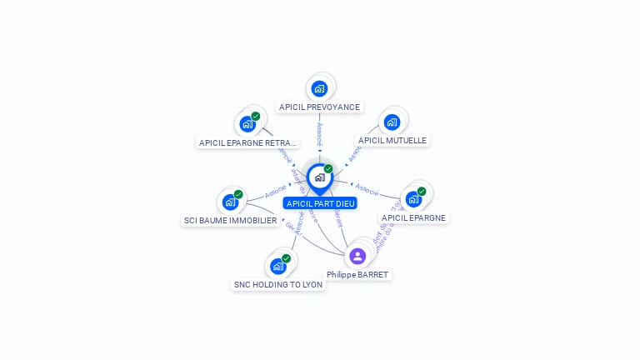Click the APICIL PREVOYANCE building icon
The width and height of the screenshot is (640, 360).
[x=319, y=88]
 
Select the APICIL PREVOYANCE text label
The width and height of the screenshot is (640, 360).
[x=319, y=107]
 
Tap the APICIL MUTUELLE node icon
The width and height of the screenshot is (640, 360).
[x=392, y=122]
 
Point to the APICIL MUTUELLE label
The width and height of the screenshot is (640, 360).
[x=392, y=141]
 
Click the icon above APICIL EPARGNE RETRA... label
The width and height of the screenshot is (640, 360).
[x=247, y=124]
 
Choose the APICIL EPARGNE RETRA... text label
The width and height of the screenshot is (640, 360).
[x=247, y=142]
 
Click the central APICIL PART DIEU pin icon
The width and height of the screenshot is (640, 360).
[x=319, y=177]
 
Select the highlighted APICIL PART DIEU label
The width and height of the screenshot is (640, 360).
[x=320, y=203]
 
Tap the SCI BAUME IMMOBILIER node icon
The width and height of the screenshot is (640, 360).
[x=231, y=202]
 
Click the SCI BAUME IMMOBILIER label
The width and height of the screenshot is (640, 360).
[x=230, y=221]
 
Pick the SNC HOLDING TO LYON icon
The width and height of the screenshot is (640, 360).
[x=278, y=266]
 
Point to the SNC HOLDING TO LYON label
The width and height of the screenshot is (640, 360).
[x=278, y=284]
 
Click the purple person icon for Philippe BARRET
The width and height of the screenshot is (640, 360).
[x=357, y=256]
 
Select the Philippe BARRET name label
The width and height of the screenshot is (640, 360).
[x=357, y=274]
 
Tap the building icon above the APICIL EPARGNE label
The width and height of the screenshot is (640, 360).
[x=413, y=199]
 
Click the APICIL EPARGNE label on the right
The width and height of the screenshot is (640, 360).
[x=413, y=217]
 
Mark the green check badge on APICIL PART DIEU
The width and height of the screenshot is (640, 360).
[x=328, y=168]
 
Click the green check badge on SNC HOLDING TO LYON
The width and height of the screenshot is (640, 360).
[x=286, y=258]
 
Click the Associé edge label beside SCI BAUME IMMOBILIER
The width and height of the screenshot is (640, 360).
[x=276, y=192]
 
